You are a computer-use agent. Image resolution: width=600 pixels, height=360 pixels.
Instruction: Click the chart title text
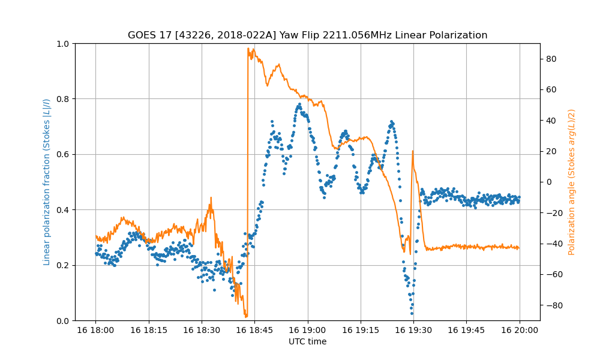tap(307, 35)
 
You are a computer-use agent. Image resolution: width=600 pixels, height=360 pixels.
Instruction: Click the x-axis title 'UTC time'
tap(307, 342)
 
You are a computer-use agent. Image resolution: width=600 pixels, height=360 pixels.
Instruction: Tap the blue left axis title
tap(47, 182)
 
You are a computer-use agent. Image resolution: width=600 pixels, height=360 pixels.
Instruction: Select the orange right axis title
tap(572, 182)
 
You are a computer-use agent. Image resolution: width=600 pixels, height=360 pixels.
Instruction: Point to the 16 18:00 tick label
tap(95, 329)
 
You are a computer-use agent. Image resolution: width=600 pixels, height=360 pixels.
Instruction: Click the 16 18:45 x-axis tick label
tap(254, 329)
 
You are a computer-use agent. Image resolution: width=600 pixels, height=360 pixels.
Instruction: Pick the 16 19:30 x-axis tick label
tap(413, 329)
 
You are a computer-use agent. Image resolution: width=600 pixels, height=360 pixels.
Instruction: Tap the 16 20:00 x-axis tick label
tap(520, 329)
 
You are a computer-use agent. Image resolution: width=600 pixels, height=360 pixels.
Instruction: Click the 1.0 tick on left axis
tap(63, 44)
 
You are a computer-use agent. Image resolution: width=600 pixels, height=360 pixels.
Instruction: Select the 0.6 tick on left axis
tap(63, 154)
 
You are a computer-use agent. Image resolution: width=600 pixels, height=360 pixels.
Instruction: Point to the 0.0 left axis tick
tap(63, 320)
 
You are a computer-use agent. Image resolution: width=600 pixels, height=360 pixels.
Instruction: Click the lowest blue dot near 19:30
tap(412, 313)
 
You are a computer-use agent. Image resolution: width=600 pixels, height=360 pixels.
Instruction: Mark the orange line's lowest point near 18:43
tap(246, 316)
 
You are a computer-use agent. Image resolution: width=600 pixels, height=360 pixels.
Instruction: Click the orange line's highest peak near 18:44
tap(248, 49)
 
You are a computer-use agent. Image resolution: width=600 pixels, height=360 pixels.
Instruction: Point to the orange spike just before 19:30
tap(413, 151)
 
